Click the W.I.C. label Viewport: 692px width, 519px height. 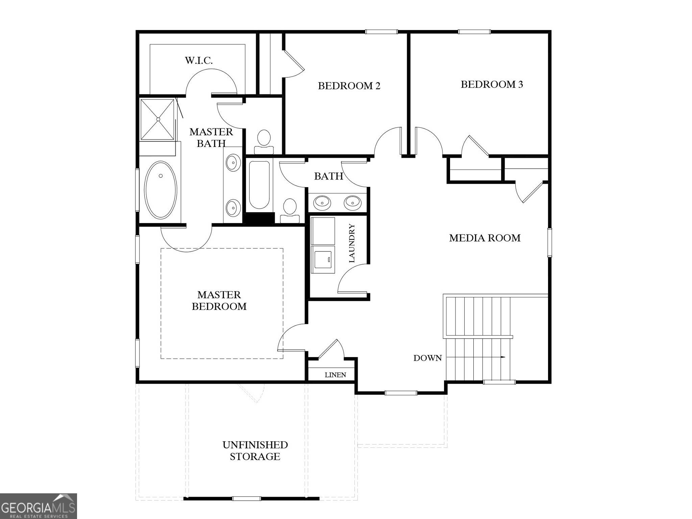point(199,60)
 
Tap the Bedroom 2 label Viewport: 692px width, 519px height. point(349,86)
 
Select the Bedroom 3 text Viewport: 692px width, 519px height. point(492,84)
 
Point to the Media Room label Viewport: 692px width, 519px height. point(485,238)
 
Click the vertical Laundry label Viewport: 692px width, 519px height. point(352,243)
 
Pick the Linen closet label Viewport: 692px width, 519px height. point(335,375)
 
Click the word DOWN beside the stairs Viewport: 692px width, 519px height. point(427,358)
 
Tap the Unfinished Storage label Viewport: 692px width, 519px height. point(255,450)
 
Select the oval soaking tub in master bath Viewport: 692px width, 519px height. point(160,190)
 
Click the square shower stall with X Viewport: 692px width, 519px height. point(157,119)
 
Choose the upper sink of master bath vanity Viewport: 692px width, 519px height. point(233,163)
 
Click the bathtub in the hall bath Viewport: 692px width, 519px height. point(259,184)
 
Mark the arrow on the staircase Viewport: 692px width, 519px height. point(502,357)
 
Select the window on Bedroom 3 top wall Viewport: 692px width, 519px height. point(474,32)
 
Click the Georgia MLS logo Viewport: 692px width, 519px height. point(38,506)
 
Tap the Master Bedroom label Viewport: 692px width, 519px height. point(219,300)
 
